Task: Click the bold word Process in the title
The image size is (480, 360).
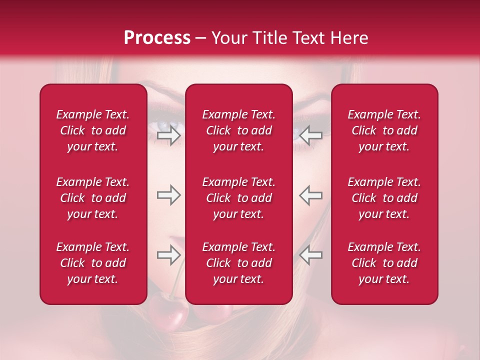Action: point(157,38)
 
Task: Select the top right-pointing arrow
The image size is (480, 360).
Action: point(168,135)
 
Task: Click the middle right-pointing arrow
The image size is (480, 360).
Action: point(168,195)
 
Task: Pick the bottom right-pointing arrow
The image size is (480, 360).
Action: point(168,255)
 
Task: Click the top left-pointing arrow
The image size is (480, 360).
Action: point(311,135)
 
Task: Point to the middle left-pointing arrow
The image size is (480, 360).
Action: point(311,195)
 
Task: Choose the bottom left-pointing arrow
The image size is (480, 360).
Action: point(311,255)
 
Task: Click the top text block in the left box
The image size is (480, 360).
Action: point(93,130)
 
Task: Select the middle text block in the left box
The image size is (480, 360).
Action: point(93,198)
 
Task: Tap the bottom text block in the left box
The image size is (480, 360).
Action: point(93,263)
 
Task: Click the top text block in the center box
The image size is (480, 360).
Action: point(239,130)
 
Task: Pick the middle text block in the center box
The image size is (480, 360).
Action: point(239,198)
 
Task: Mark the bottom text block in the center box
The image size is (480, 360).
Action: point(239,263)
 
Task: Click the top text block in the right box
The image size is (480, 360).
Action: point(384,130)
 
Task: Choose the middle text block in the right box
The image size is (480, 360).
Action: point(384,198)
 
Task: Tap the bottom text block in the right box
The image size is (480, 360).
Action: point(384,263)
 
